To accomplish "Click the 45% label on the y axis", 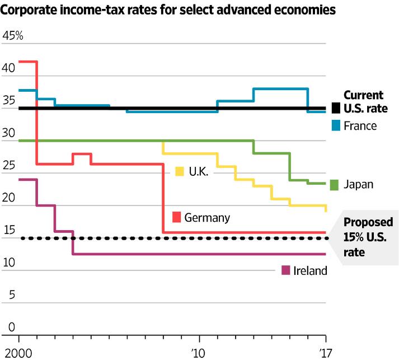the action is click(x=13, y=35).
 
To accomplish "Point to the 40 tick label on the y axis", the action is click(x=8, y=68).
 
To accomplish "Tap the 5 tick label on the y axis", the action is click(x=12, y=295).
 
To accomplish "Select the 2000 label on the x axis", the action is click(x=18, y=353).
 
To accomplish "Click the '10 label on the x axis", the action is click(x=198, y=353).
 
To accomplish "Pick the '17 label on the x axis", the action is click(x=326, y=353).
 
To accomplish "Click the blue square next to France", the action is click(x=336, y=125).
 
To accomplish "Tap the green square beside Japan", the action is click(x=335, y=185).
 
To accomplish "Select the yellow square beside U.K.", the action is click(x=180, y=171).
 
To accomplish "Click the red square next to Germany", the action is click(x=177, y=217).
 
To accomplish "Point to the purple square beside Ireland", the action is click(x=286, y=270).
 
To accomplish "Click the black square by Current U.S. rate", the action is click(x=336, y=108).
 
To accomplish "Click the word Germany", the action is click(x=207, y=218).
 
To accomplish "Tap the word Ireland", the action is click(x=310, y=270).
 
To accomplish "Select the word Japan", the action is click(x=359, y=185).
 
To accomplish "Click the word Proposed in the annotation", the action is click(x=368, y=222).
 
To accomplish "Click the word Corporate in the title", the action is click(x=29, y=10).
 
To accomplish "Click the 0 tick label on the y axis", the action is click(x=12, y=327).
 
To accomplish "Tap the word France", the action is click(x=360, y=126).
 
